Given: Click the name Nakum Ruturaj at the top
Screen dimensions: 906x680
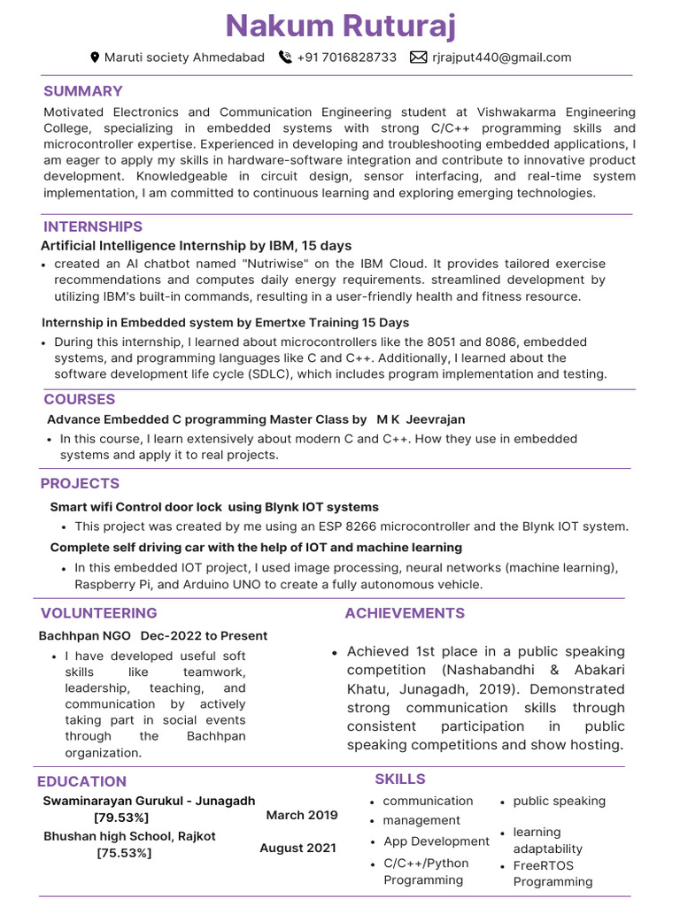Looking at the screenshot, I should (341, 26).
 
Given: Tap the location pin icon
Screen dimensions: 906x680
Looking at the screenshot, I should (96, 58).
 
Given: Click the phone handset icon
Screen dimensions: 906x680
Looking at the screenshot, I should (285, 58).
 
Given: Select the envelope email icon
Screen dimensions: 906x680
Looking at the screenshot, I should (418, 58).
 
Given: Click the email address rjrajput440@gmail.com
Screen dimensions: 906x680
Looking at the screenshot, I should (502, 58).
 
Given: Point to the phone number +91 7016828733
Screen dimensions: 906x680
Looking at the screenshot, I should (347, 58).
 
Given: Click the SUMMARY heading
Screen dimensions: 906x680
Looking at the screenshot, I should (83, 91).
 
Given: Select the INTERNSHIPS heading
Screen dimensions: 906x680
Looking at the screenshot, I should (93, 226).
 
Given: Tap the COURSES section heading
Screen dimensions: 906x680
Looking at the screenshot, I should (80, 399).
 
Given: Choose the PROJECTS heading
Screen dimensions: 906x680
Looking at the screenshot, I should (80, 483).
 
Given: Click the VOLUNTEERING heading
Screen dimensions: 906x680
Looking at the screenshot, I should (99, 612).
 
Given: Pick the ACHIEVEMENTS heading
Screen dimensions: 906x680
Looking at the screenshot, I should (405, 613).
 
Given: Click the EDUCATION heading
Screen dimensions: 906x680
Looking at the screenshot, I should (81, 781).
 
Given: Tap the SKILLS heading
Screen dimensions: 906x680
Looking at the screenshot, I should (400, 779).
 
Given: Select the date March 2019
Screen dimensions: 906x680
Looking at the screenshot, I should (302, 815).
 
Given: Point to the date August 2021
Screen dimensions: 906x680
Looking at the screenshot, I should (297, 848).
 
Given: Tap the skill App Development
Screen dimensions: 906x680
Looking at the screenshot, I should (437, 841).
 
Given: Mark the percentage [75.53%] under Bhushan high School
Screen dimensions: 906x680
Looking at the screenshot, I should (124, 853).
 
